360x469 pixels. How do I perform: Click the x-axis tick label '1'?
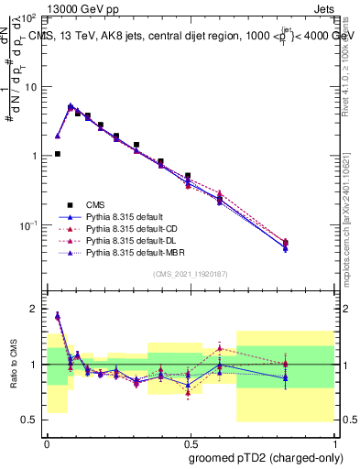333,442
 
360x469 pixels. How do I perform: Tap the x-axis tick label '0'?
47,442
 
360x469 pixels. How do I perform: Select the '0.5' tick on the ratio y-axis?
31,420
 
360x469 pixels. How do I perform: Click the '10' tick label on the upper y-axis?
30,87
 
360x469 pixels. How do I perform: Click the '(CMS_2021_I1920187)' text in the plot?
190,275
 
